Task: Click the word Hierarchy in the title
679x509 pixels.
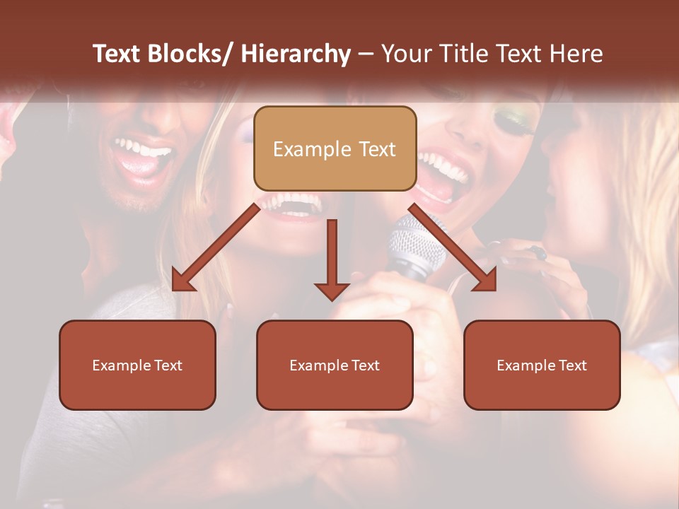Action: [295, 54]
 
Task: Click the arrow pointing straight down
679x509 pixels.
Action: [332, 262]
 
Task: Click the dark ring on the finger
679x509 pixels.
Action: [539, 252]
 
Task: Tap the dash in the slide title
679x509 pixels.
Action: [366, 54]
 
